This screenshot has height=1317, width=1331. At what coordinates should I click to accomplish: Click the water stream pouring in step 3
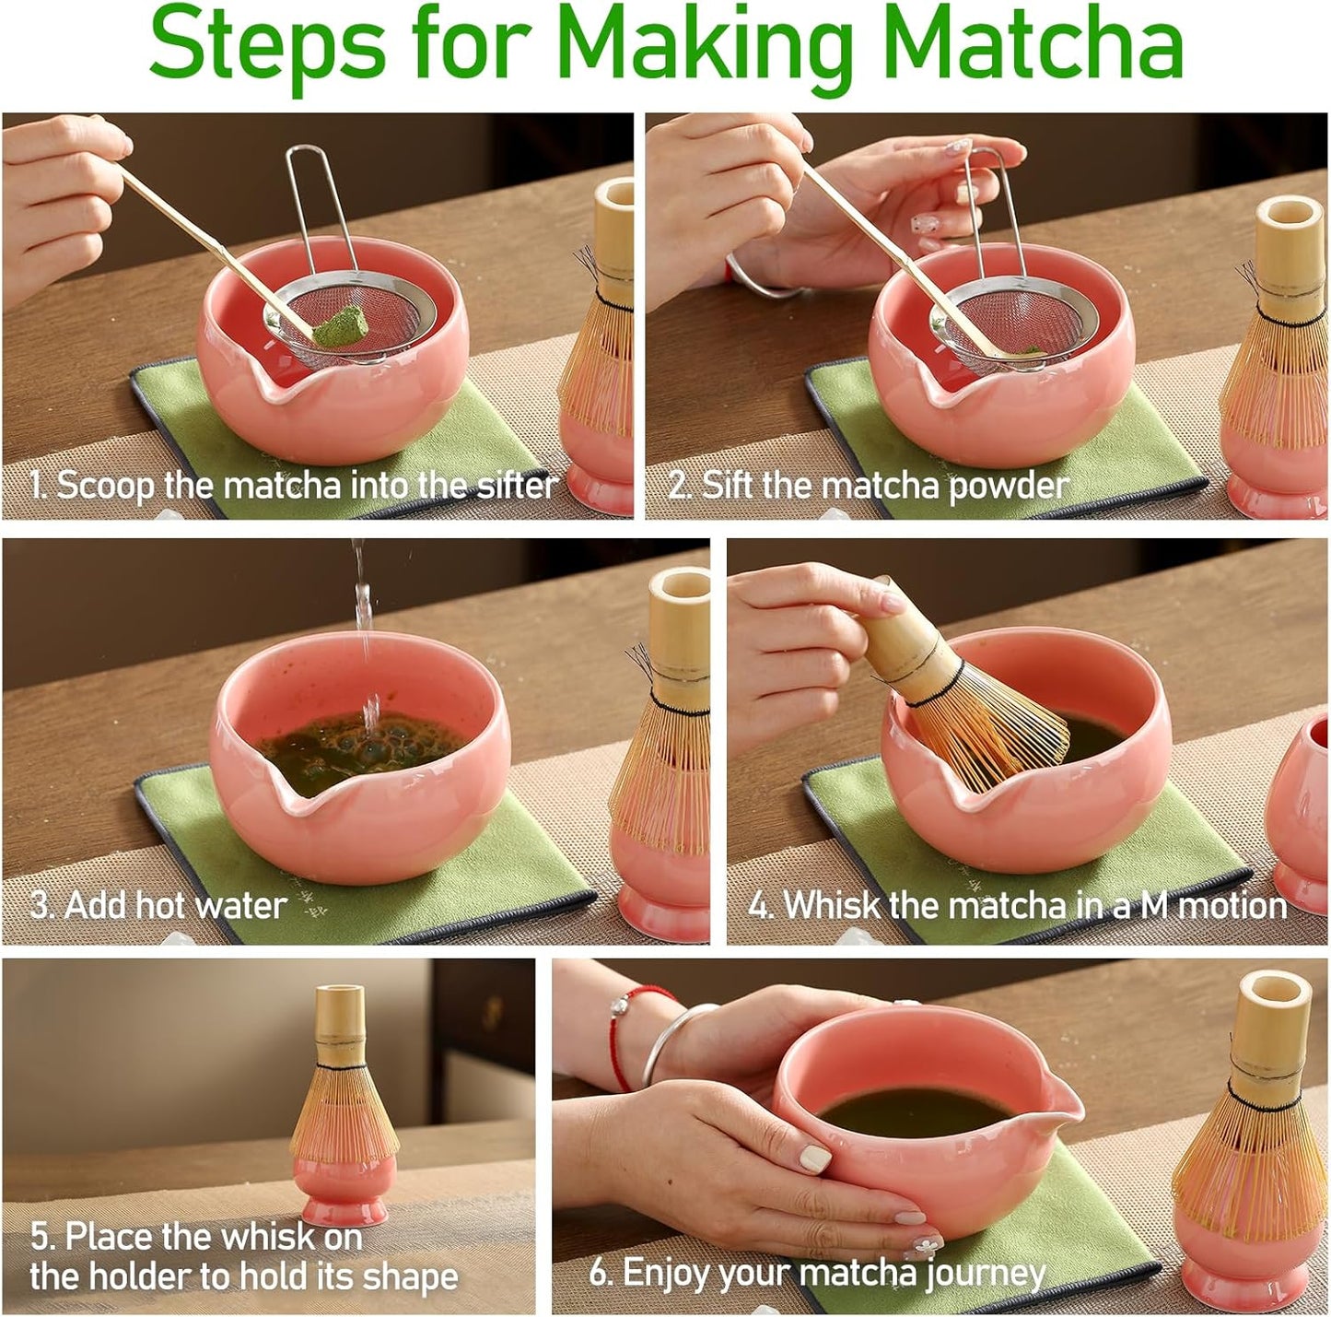tap(364, 627)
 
